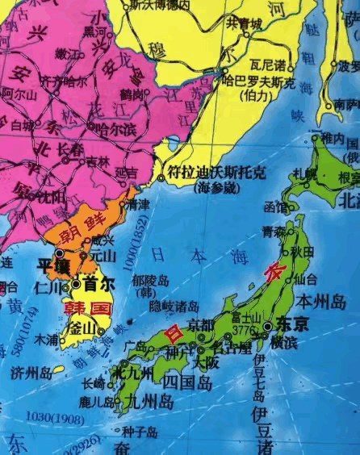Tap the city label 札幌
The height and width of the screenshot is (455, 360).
[x=304, y=173]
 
